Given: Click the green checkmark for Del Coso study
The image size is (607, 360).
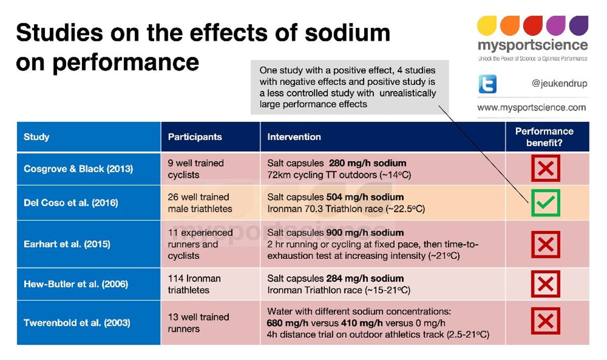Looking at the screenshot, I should (x=545, y=202).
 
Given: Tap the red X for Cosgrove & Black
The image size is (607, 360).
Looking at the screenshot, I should (x=545, y=168).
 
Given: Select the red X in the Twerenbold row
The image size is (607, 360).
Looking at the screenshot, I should (x=545, y=322).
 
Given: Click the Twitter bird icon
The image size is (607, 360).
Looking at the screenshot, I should (x=488, y=84).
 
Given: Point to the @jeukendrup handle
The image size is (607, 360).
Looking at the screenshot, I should (x=559, y=84).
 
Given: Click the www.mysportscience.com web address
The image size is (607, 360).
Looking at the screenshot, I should (x=532, y=107).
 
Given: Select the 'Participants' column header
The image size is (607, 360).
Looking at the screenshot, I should (x=195, y=137).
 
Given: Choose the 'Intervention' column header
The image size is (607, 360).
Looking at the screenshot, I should (x=294, y=137).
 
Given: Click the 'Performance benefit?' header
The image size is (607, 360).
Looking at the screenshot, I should (x=544, y=137).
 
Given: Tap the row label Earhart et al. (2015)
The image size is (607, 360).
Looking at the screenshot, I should (x=67, y=244).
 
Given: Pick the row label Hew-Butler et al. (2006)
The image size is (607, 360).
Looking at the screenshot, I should (x=76, y=284).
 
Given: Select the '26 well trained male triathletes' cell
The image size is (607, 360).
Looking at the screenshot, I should (x=200, y=203).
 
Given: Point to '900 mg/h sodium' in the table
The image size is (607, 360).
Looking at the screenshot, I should (x=364, y=233).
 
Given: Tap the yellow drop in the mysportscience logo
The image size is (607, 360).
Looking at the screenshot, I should (x=487, y=25).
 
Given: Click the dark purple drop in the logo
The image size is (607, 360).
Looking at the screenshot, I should (x=579, y=25).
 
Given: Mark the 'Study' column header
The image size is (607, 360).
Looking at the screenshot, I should (x=36, y=137).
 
